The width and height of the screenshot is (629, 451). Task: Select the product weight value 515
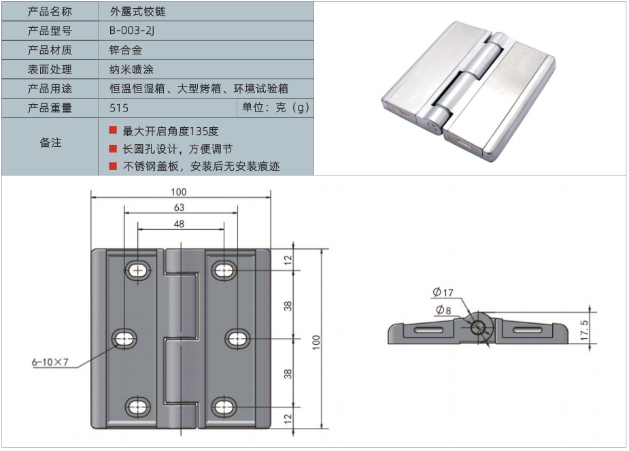tap(118, 107)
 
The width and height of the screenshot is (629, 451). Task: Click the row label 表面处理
tap(50, 69)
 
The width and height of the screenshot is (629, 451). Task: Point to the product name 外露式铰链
tap(137, 12)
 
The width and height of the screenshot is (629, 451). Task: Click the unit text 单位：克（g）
tap(275, 107)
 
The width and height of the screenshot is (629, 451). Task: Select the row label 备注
tap(50, 143)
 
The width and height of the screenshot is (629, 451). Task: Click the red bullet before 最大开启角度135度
tap(113, 130)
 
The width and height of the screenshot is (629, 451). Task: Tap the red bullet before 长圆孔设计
tap(113, 148)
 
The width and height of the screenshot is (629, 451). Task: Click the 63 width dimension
tap(179, 207)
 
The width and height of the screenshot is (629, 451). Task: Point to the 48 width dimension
tap(179, 223)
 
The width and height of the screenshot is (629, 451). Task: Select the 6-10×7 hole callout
tap(50, 361)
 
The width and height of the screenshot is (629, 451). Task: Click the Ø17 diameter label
tap(442, 293)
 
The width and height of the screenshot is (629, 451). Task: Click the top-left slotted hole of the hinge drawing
tap(139, 270)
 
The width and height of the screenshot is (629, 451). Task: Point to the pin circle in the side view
tap(480, 328)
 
